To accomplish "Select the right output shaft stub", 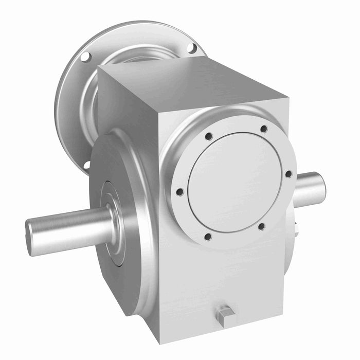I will click(x=310, y=186).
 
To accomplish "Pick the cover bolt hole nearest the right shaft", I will click(x=289, y=174).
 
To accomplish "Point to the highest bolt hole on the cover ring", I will click(x=263, y=129).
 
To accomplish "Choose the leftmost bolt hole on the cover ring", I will click(x=179, y=192).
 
